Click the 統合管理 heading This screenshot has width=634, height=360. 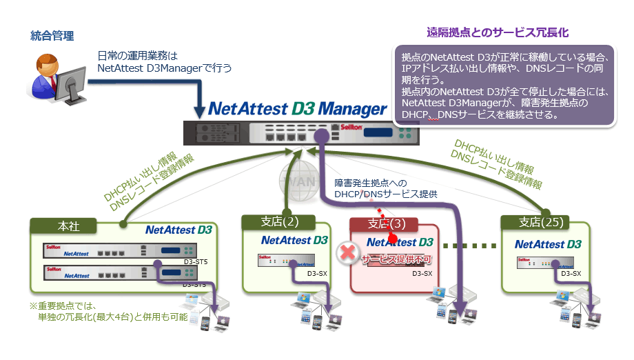[x=52, y=36]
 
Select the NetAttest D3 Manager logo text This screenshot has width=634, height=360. [x=298, y=109]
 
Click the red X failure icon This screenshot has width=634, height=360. [x=348, y=252]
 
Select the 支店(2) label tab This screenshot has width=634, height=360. [x=278, y=222]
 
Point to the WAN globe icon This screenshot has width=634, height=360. [x=296, y=181]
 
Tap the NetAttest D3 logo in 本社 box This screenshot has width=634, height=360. [x=178, y=230]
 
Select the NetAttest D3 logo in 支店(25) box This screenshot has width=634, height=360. [x=548, y=244]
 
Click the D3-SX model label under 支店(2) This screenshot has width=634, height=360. [x=317, y=274]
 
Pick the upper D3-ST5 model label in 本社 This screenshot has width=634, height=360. [x=195, y=262]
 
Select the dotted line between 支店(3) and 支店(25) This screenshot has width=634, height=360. [x=469, y=246]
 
